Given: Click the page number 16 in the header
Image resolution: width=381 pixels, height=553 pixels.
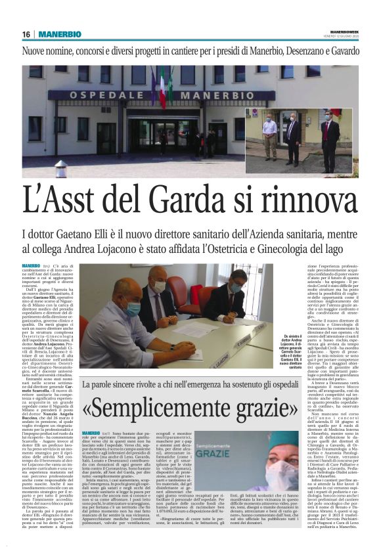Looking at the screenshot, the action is click(26, 34).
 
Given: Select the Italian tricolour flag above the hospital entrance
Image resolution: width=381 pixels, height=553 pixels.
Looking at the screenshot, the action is click(162, 85).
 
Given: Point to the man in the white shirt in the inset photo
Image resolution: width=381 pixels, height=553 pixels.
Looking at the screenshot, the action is click(270, 134).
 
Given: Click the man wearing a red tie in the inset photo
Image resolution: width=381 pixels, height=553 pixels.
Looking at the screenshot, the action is click(326, 135).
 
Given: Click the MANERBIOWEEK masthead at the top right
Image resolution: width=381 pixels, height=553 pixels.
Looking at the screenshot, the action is click(348, 30).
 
